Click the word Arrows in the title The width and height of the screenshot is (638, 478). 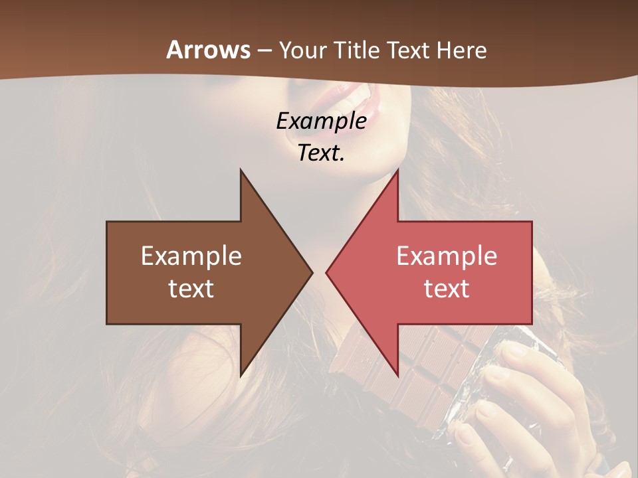tap(208, 50)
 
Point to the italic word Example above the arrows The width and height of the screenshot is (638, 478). tap(321, 121)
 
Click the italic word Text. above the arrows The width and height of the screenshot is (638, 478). tap(321, 153)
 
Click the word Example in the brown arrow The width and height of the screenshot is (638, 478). tap(191, 256)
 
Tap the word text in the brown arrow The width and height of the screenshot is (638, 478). tap(191, 289)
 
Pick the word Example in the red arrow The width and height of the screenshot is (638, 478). tap(447, 256)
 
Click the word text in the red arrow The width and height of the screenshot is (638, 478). tap(447, 289)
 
